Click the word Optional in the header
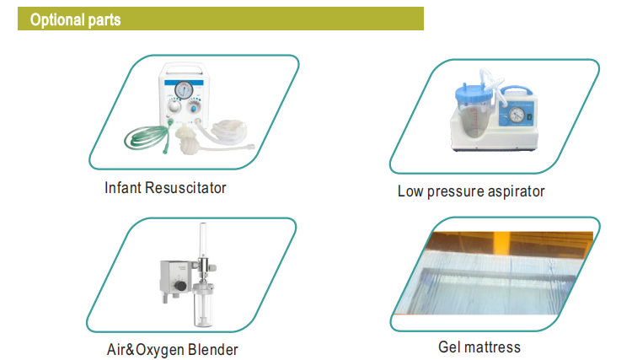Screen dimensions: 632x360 (x=57, y=20)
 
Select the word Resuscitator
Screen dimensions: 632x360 (x=185, y=188)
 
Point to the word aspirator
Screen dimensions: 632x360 (x=516, y=191)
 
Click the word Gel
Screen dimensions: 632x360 (x=449, y=347)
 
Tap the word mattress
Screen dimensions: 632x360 (x=492, y=347)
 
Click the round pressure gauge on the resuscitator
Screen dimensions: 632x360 (x=184, y=89)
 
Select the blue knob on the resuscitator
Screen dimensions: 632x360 (x=194, y=109)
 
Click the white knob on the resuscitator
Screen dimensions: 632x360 (x=174, y=107)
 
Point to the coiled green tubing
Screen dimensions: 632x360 (x=147, y=137)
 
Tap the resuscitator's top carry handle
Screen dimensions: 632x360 (x=185, y=67)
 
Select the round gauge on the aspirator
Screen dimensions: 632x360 (x=517, y=115)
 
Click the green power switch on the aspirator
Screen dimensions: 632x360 (x=529, y=116)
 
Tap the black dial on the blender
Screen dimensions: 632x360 (x=179, y=286)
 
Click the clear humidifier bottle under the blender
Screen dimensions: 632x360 (x=202, y=304)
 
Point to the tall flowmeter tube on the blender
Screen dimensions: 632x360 (x=203, y=240)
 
